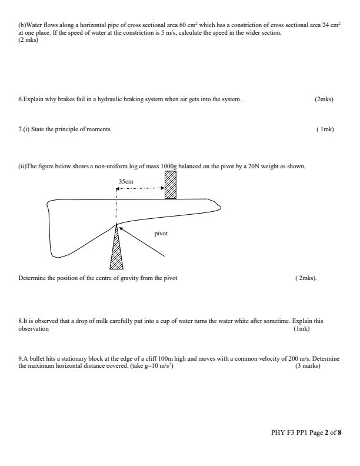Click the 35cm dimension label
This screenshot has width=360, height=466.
[126, 182]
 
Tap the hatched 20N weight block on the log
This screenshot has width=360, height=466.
[170, 185]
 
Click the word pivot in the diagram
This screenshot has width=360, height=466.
[161, 234]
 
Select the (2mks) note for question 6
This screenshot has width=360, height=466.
[324, 99]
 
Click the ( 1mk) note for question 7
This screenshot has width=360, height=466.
[325, 129]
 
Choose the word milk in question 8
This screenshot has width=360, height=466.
[92, 321]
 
